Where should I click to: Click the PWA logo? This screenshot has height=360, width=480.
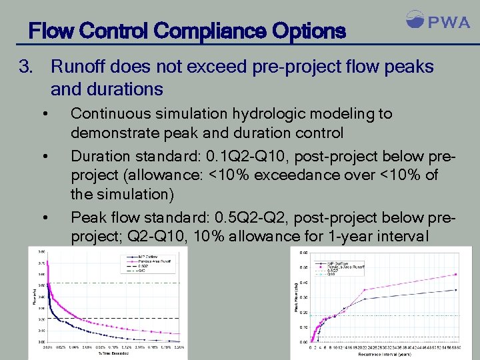click(x=437, y=21)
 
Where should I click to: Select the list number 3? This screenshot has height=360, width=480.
click(x=26, y=67)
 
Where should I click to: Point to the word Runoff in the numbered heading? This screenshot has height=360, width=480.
click(x=79, y=67)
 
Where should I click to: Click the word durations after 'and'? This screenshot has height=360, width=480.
click(x=123, y=89)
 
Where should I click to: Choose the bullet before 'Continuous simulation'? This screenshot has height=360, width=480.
click(x=44, y=115)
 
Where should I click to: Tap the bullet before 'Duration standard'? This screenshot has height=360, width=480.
click(x=44, y=157)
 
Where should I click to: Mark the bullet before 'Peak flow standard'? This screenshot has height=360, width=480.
click(x=44, y=218)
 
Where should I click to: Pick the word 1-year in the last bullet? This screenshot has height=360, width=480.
click(x=375, y=236)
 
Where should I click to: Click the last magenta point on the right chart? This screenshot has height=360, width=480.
click(x=456, y=274)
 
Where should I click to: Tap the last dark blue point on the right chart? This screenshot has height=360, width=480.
click(x=456, y=290)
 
